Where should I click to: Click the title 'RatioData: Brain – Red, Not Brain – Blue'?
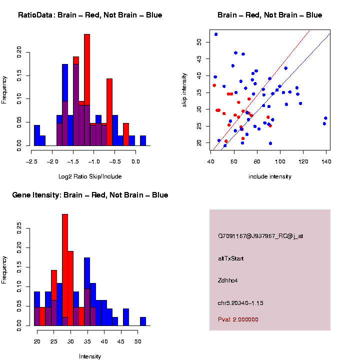(90, 15)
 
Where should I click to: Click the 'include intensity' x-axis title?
(270, 176)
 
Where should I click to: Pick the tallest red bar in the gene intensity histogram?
(65, 270)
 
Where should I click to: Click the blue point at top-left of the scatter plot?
(216, 34)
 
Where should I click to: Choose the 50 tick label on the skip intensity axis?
(199, 42)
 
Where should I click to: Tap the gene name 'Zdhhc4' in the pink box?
(227, 280)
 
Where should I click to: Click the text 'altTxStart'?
(231, 258)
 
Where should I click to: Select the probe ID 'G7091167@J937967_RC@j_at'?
(260, 236)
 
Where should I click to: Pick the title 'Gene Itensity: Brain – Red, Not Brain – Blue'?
(90, 195)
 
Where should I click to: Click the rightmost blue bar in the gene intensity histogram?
(143, 321)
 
